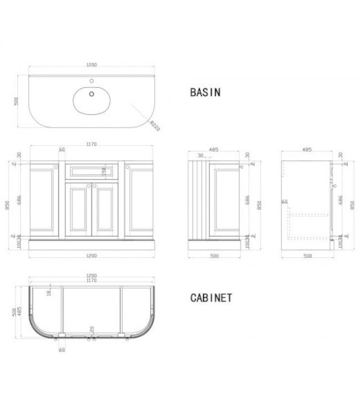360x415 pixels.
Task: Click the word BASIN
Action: pyautogui.click(x=205, y=93)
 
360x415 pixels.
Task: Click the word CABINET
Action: pyautogui.click(x=211, y=298)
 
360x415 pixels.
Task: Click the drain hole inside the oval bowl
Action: pyautogui.click(x=91, y=95)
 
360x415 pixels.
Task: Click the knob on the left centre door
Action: pyautogui.click(x=88, y=185)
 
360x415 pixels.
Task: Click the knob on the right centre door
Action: pyautogui.click(x=95, y=185)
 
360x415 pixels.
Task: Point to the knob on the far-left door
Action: pyautogui.click(x=55, y=165)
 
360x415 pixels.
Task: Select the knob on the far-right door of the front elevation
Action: pyautogui.click(x=128, y=165)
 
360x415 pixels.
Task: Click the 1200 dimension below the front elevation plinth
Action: pyautogui.click(x=91, y=255)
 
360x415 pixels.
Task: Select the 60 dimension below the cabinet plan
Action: pyautogui.click(x=61, y=350)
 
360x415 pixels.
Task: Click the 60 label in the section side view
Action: pyautogui.click(x=285, y=203)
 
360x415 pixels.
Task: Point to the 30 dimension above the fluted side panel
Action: pyautogui.click(x=200, y=156)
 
